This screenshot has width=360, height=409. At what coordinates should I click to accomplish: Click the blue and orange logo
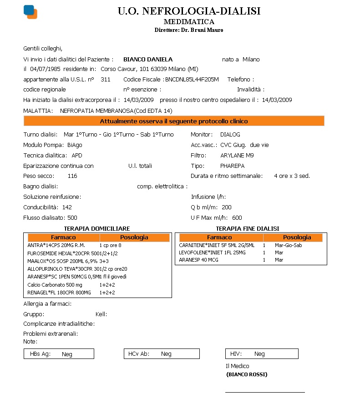pos(30,11)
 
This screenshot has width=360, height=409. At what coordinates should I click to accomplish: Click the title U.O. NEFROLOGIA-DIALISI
pos(189,11)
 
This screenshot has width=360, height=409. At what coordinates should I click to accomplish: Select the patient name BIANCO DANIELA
pos(148,59)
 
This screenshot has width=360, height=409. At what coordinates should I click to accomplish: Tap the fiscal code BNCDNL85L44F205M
pos(192,79)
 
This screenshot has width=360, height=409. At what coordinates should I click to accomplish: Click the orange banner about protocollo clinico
pos(174,121)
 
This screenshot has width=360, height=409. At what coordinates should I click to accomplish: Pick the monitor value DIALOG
pos(230,135)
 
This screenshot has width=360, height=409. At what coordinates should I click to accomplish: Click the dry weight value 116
pos(72,176)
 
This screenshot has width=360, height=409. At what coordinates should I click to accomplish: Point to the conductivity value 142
pos(67,207)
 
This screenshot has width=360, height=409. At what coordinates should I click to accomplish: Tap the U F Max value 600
pos(237,217)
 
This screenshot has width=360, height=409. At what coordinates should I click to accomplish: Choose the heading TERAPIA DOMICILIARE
pos(97,228)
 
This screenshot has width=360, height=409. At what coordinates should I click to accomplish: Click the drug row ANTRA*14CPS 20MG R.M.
pos(56,245)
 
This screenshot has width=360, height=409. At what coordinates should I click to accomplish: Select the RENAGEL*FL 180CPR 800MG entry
pos(59,292)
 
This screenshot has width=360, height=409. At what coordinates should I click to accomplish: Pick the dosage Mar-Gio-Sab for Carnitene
pos(289,245)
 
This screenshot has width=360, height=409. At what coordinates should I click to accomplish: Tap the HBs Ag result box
pos(59,353)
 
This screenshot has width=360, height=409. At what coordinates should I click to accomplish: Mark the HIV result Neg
pos(259,353)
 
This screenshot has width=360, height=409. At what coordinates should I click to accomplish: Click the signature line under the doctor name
pos(265,392)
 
